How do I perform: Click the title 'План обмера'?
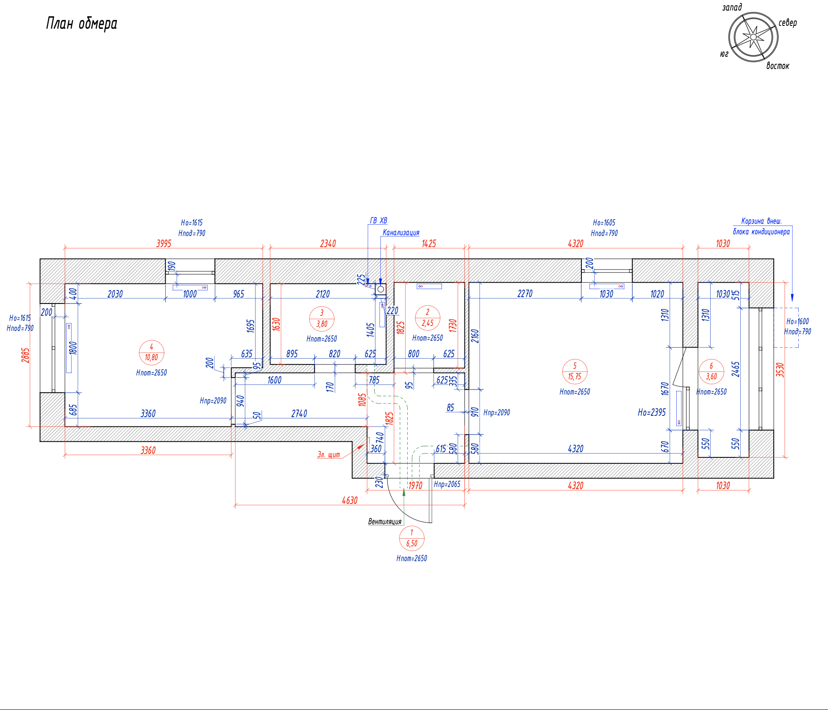[81, 24]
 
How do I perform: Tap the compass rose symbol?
[753, 37]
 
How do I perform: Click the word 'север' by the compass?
[788, 23]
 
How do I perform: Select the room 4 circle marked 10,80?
[151, 352]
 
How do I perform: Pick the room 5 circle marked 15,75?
[575, 371]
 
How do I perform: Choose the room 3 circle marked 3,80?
[322, 319]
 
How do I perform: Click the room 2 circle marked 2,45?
[428, 318]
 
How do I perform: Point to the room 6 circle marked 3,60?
[711, 371]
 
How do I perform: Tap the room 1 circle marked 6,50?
[411, 538]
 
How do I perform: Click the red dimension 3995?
[164, 244]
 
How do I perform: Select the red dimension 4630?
[350, 501]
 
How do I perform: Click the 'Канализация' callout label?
[401, 233]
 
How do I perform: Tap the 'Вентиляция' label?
[385, 522]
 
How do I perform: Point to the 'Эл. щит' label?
[328, 455]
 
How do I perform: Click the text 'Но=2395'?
[652, 412]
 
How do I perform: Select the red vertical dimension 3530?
[780, 370]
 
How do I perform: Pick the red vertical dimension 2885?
[26, 355]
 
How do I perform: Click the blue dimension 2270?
[525, 294]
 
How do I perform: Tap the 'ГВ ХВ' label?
[378, 221]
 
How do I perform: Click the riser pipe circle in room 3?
[381, 289]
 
